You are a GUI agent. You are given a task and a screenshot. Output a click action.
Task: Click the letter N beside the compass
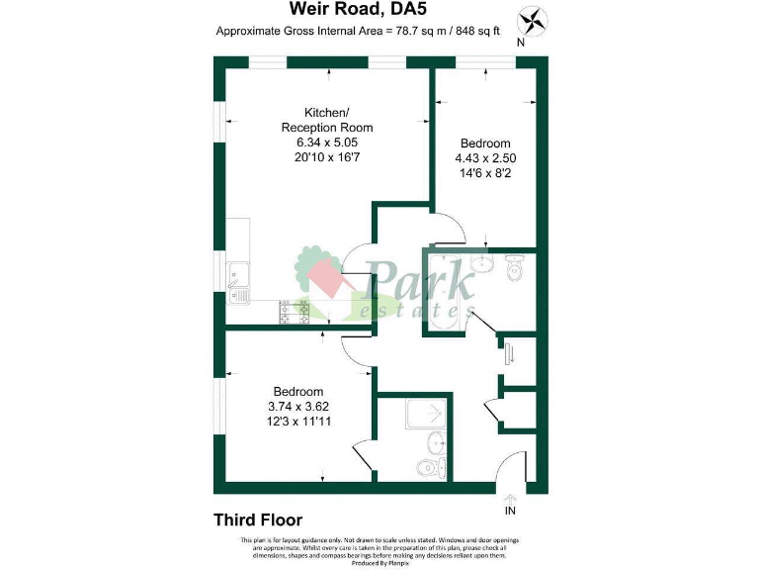coord(522,43)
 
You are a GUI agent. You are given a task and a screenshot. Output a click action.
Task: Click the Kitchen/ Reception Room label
coord(327,119)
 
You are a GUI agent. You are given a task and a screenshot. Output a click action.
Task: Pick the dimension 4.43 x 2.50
coord(485,158)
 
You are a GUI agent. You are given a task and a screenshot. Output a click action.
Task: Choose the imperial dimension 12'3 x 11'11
coord(298,421)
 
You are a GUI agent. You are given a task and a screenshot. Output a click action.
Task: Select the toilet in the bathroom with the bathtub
coord(513,267)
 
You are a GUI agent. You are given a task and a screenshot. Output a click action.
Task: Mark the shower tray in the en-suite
coord(425,415)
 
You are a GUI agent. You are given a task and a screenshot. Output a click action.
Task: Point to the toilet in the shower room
coord(427,467)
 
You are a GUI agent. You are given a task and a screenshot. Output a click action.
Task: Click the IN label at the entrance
coord(510,512)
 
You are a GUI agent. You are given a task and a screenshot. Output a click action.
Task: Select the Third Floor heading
coord(258,520)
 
